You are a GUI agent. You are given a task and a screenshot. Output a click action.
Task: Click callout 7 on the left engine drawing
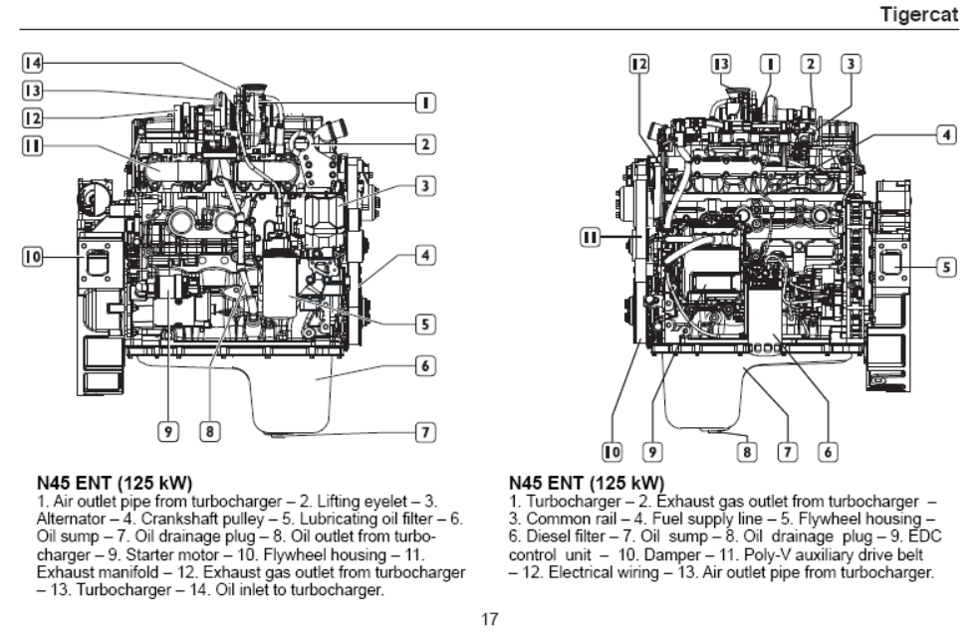[425, 432]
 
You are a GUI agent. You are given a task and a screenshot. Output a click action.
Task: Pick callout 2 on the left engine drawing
[425, 145]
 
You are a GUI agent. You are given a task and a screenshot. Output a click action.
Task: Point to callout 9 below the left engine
[168, 431]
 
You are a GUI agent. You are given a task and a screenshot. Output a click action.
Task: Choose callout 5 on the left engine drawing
[425, 322]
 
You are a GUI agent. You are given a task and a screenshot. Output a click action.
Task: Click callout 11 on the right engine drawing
[591, 237]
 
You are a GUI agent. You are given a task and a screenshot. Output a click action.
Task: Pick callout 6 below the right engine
[827, 452]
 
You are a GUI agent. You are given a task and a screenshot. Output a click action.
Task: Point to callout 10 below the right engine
[613, 452]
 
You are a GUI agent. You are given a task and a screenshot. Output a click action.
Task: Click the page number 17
[489, 619]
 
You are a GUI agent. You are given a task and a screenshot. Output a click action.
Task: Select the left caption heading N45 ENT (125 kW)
[115, 484]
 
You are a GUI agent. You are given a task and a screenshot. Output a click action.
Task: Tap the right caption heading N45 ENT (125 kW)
[587, 484]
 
